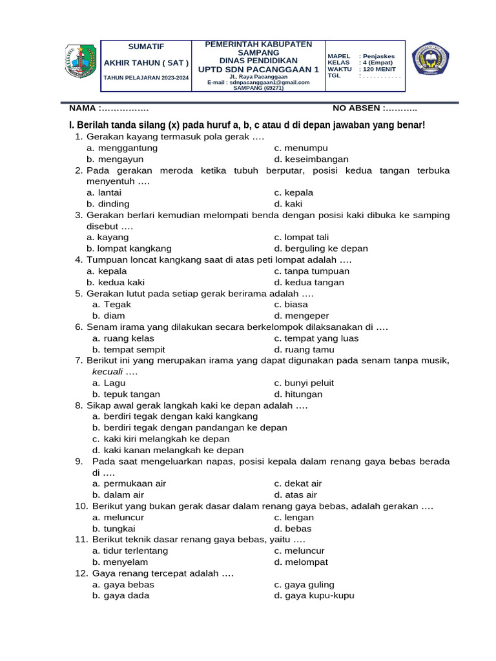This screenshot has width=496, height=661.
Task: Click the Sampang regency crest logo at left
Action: [81, 62]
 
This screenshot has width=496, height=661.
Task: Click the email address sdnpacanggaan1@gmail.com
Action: [258, 83]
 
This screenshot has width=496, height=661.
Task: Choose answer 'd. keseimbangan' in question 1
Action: [311, 159]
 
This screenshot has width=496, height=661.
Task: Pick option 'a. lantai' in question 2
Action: [104, 192]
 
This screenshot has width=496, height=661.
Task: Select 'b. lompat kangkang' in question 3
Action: [129, 249]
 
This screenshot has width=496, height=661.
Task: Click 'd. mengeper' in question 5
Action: [301, 316]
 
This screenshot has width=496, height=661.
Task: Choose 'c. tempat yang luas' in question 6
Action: [316, 338]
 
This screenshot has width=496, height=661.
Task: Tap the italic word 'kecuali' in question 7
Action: [107, 372]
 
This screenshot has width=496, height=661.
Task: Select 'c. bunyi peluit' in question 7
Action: [304, 383]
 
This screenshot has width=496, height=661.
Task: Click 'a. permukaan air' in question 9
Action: [129, 483]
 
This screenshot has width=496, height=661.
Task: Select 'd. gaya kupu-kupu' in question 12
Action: [314, 596]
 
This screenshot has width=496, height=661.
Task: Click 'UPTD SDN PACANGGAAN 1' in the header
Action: [258, 69]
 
